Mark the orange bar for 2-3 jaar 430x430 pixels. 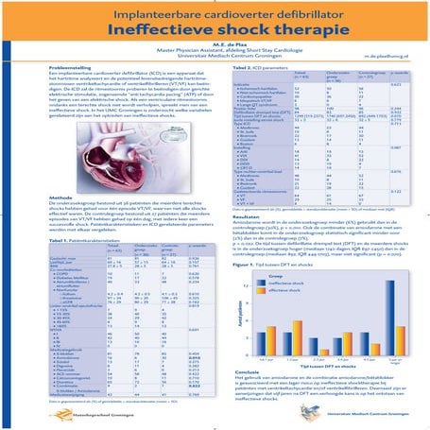pos(324,352)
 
